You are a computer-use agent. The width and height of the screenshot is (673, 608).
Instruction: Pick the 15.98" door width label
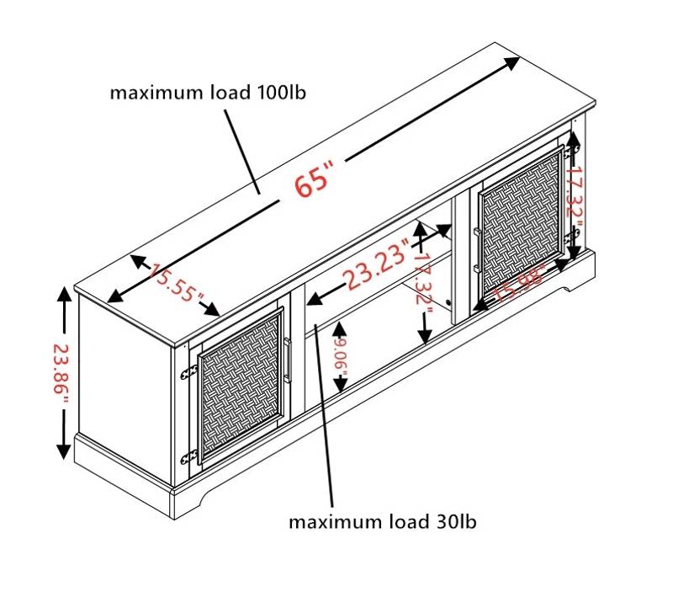(520, 283)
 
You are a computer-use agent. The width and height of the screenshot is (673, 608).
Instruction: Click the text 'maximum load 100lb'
(208, 93)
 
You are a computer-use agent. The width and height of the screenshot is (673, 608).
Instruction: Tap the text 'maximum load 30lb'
(383, 521)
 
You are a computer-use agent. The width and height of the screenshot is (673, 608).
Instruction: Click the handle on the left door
(287, 360)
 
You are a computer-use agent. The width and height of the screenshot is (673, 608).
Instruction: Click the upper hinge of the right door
(571, 151)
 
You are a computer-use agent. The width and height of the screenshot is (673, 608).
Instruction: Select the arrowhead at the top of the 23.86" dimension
(64, 296)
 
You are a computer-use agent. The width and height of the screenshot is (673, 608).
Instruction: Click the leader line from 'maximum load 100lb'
(242, 152)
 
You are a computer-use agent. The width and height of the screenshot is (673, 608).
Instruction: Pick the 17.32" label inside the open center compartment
(423, 280)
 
